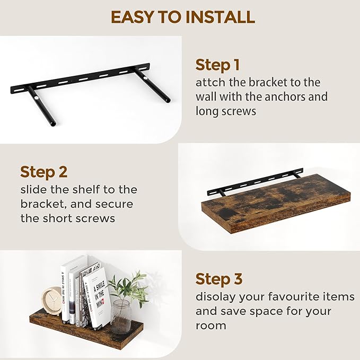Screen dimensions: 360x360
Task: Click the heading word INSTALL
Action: coord(220,17)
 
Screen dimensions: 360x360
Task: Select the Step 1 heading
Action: coord(217,65)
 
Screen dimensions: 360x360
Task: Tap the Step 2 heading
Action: coord(43,172)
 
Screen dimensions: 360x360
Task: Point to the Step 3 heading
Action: coord(219,279)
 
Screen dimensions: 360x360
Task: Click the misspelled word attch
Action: coord(210,82)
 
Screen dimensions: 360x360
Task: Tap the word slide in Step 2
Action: coord(34,190)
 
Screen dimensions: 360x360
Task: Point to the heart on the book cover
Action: coord(103,300)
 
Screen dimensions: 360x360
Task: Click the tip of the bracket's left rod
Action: coord(53,124)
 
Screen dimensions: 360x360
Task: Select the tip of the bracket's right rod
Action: coord(168,101)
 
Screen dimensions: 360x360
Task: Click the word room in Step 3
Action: coord(211,326)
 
